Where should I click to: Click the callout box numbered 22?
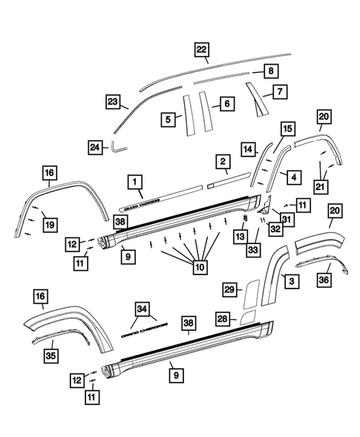point(202,49)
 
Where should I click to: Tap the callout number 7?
point(279,93)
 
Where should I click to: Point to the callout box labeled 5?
point(168,119)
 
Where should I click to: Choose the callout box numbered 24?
point(96,148)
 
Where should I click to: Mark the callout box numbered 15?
point(285,128)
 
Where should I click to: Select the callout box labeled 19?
point(50,222)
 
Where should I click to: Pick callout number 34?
point(142,309)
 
